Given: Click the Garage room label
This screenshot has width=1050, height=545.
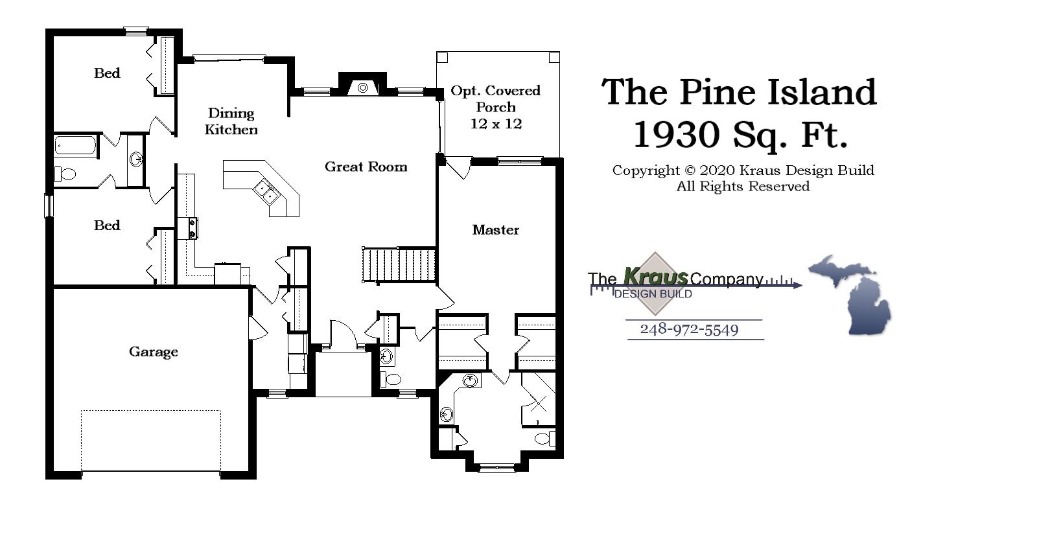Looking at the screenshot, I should click(x=153, y=352).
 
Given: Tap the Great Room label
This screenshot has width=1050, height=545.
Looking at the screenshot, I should click(x=366, y=167).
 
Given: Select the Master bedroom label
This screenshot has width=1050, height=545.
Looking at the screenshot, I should click(x=495, y=230).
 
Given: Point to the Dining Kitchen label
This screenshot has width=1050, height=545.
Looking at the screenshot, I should click(x=231, y=122).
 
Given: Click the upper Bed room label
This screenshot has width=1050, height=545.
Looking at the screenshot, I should click(x=107, y=73).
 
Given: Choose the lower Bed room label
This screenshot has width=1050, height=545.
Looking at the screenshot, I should click(x=107, y=226).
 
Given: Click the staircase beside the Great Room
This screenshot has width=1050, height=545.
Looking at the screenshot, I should click(x=399, y=264).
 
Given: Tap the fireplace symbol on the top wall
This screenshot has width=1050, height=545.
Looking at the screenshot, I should click(x=363, y=87).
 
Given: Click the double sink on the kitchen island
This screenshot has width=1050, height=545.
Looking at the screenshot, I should click(x=266, y=192).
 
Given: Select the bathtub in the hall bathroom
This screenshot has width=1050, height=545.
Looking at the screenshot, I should click(x=75, y=145).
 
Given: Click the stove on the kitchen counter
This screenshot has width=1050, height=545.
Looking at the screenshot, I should click(x=192, y=229).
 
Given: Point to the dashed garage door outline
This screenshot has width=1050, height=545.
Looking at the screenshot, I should click(x=150, y=441).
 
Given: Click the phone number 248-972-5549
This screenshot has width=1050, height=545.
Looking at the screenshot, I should click(x=689, y=329).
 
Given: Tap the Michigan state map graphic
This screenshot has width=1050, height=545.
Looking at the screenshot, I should click(x=852, y=295).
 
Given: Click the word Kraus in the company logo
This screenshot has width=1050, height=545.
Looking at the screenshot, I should click(x=655, y=277).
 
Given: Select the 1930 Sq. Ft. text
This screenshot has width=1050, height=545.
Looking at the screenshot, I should click(x=740, y=135).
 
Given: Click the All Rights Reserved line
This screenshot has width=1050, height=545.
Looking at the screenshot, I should click(x=743, y=187).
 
